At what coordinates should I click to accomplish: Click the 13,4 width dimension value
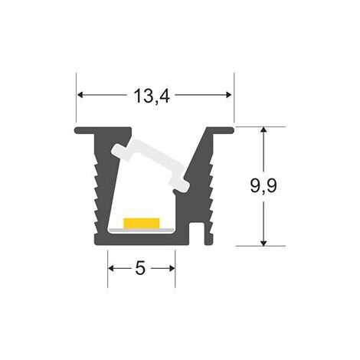152,96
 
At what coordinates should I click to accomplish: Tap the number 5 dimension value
140,268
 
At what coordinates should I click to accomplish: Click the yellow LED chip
142,223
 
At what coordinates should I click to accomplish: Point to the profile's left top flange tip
77,130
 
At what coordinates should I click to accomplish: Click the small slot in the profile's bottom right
197,230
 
